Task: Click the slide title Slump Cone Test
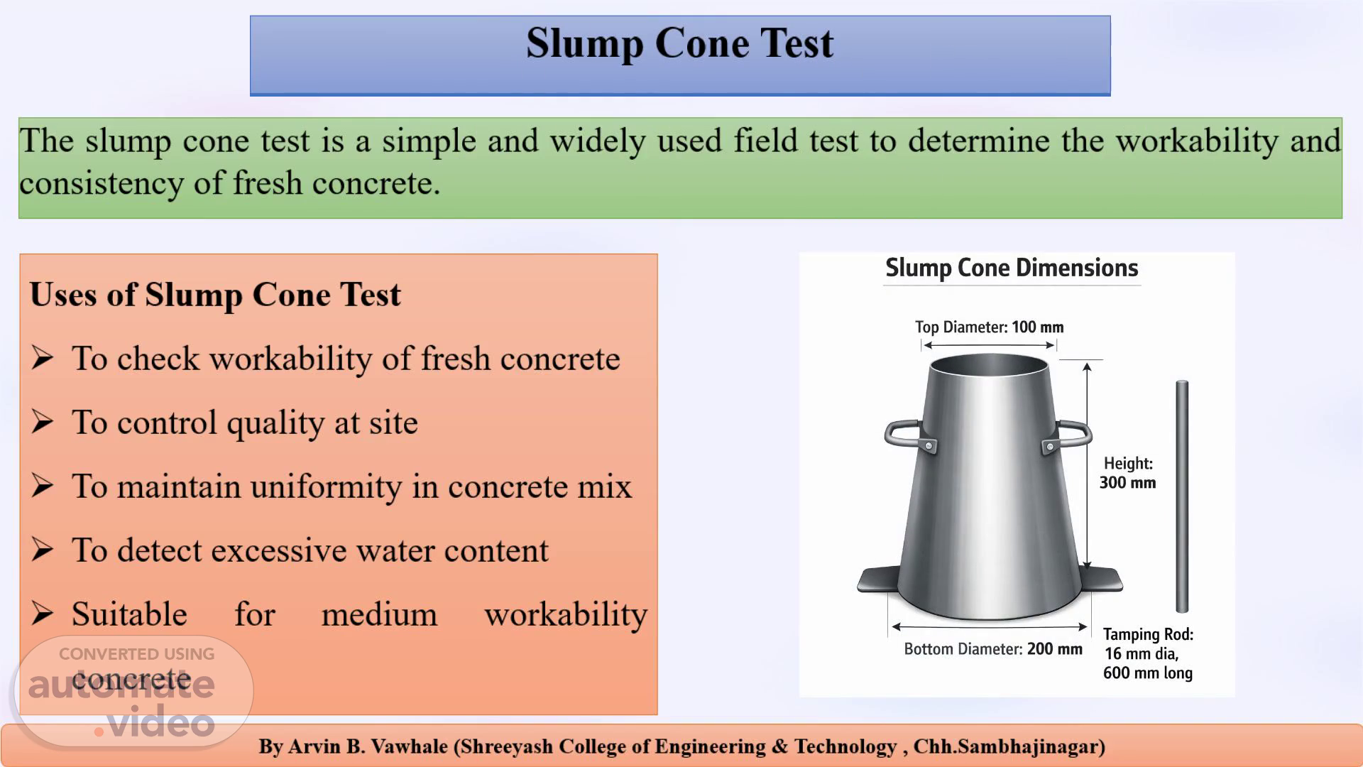coord(680,44)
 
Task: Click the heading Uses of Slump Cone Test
coord(215,295)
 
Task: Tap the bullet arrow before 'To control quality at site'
coord(43,422)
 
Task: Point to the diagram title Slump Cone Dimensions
coord(1012,268)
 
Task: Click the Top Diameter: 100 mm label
coord(989,327)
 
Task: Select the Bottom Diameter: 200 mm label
coord(993,649)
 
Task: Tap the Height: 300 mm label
coord(1127,473)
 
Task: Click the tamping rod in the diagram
coord(1182,496)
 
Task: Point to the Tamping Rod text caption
coord(1148,653)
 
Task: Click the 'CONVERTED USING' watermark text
coord(136,654)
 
